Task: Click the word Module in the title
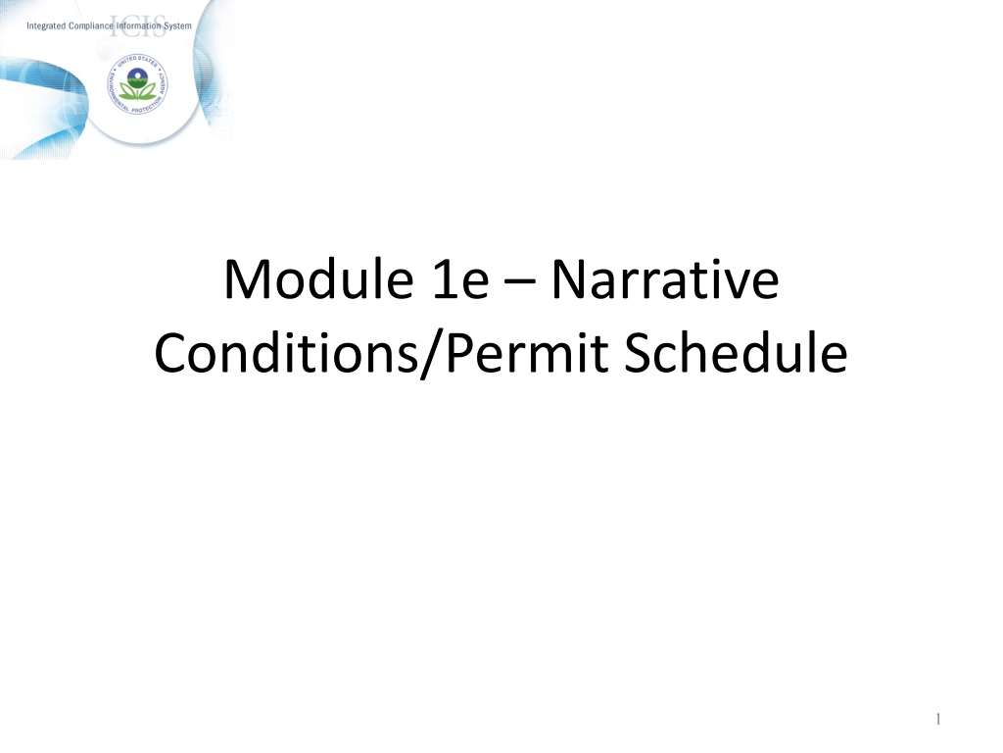(x=318, y=279)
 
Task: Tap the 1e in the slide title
(x=460, y=279)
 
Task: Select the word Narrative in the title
(x=665, y=279)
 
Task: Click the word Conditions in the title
(x=286, y=353)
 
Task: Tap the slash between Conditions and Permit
(x=432, y=355)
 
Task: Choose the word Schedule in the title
(x=736, y=352)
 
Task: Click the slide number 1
(x=937, y=719)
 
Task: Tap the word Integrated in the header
(x=46, y=26)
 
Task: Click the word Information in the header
(x=139, y=25)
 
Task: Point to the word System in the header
(x=177, y=26)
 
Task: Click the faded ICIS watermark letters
(x=137, y=26)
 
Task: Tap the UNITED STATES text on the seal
(x=137, y=61)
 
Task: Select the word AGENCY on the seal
(x=163, y=83)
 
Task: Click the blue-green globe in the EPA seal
(x=137, y=78)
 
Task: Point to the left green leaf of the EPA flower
(x=127, y=92)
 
